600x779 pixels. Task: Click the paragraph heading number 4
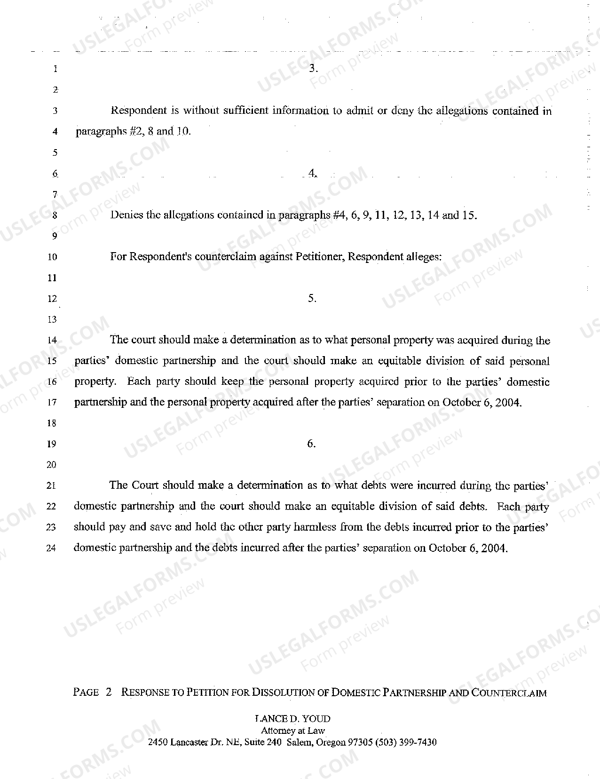tap(312, 174)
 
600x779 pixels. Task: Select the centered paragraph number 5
tap(312, 298)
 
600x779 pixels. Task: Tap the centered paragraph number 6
tap(311, 444)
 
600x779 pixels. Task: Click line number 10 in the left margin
tap(52, 257)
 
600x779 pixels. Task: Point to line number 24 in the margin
tap(51, 548)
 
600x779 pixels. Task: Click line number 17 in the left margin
tap(52, 403)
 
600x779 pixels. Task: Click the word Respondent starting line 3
tap(139, 111)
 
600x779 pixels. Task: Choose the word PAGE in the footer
tap(86, 692)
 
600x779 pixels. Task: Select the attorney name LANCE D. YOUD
tap(292, 719)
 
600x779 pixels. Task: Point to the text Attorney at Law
tap(292, 731)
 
